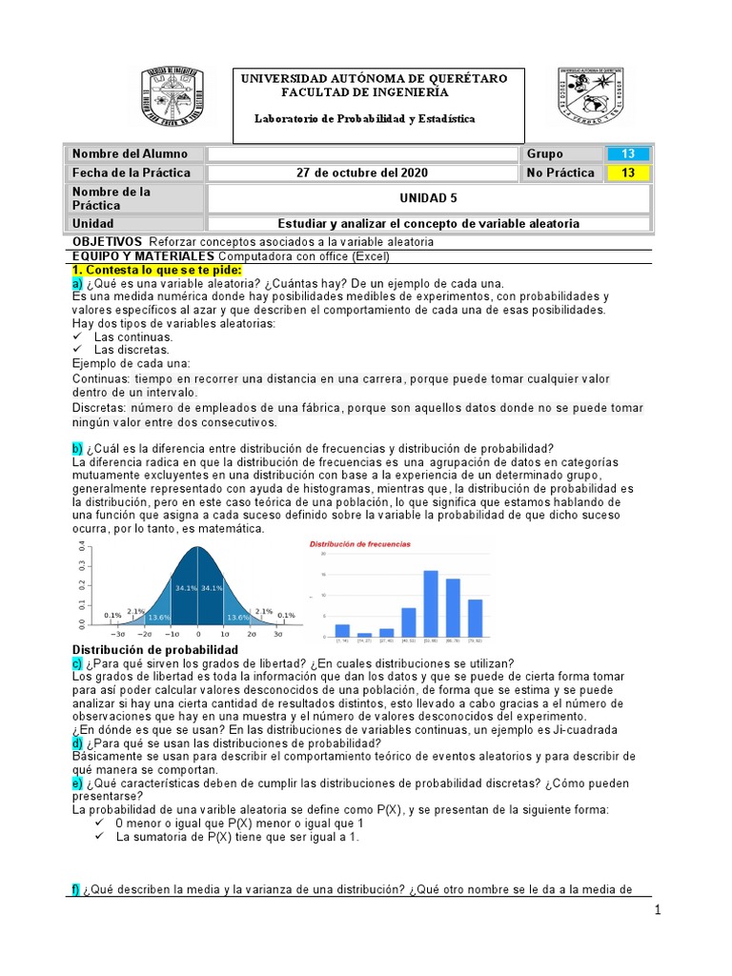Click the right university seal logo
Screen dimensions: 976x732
(590, 98)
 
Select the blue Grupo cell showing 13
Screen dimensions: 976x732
(627, 153)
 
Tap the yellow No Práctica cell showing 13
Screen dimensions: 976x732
(627, 173)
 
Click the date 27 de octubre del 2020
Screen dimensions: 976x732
(363, 173)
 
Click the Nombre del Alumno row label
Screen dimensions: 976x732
(130, 153)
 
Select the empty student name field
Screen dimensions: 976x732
(362, 153)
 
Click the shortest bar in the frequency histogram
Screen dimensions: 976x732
(364, 634)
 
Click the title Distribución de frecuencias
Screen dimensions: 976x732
(359, 544)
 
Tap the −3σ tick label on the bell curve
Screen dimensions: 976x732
(117, 633)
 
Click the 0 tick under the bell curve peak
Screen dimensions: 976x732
(198, 633)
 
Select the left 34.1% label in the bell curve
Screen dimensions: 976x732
(186, 588)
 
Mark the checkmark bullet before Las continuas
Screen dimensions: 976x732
(77, 336)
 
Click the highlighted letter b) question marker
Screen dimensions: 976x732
(77, 449)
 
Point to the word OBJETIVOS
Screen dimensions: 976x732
(108, 242)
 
